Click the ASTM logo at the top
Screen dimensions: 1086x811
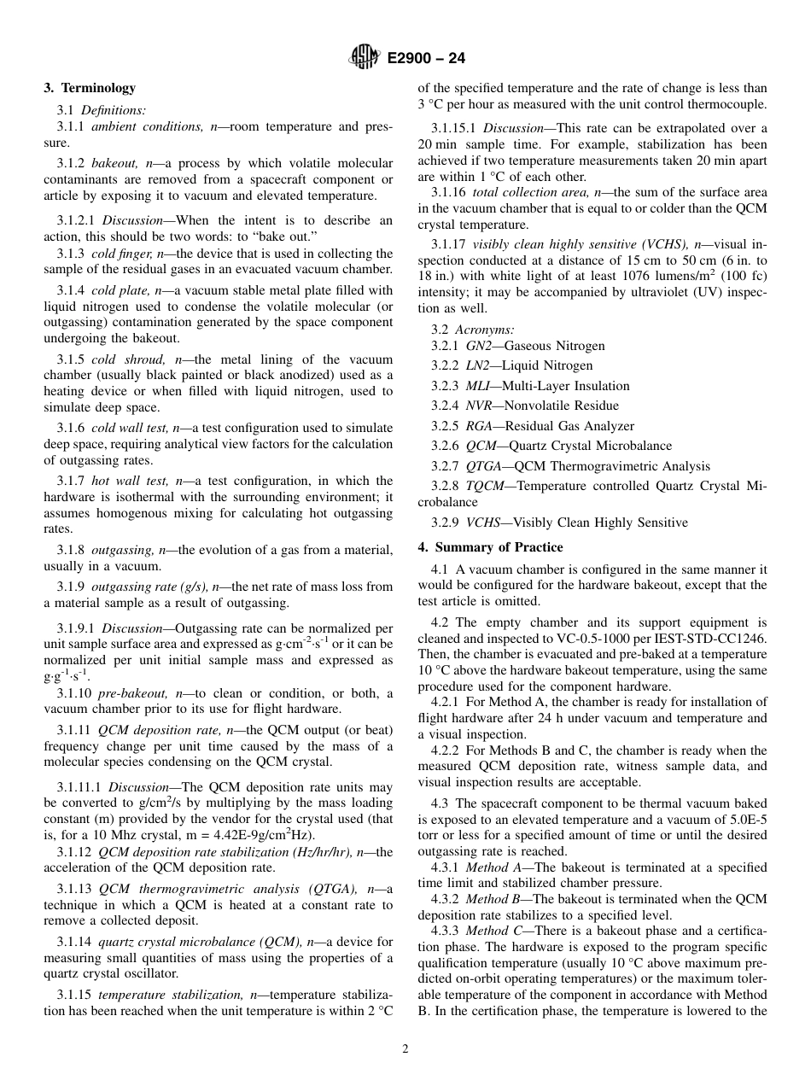pyautogui.click(x=364, y=59)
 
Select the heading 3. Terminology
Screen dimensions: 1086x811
pyautogui.click(x=90, y=88)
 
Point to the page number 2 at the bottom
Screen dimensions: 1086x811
pyautogui.click(x=405, y=1049)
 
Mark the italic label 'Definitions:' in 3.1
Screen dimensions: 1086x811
pyautogui.click(x=114, y=109)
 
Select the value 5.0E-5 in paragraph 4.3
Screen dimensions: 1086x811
pyautogui.click(x=748, y=820)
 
